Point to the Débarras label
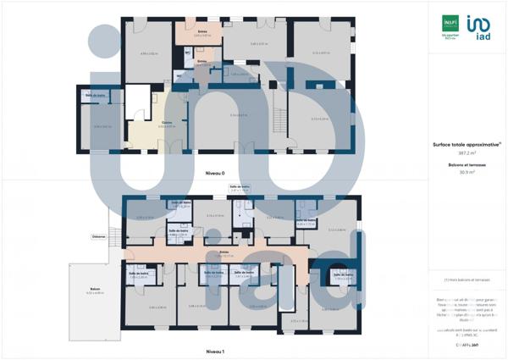pos(99,237)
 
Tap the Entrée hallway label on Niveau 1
pos(224,253)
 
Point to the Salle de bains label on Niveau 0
pos(96,95)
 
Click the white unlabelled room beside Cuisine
pos(136,102)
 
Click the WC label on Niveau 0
pos(188,53)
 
